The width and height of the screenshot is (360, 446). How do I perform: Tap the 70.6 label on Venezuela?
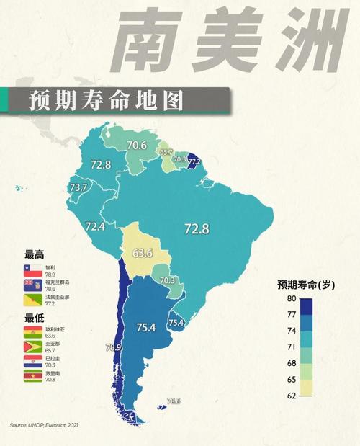coord(137,146)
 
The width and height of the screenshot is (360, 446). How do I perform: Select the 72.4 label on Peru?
coord(95,226)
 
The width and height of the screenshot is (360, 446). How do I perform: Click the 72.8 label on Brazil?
coord(196,229)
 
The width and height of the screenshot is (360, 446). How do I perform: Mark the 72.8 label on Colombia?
coord(101,165)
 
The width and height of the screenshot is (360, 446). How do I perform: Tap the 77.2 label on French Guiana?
coord(194,163)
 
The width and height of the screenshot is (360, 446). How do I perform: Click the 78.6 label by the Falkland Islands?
coord(173,401)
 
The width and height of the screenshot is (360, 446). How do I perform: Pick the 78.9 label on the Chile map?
coord(112,348)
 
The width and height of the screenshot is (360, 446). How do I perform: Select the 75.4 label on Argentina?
coord(146,328)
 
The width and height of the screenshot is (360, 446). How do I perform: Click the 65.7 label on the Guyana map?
coord(166,153)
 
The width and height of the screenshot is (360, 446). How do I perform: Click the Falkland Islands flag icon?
coord(33,285)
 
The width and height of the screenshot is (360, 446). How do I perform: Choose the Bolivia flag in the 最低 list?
coord(33,332)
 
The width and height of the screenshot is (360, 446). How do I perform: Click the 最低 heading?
coord(34,318)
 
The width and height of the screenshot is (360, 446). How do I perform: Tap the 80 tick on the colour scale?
coord(291,298)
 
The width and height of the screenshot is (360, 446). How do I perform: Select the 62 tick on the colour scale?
coord(291,396)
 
